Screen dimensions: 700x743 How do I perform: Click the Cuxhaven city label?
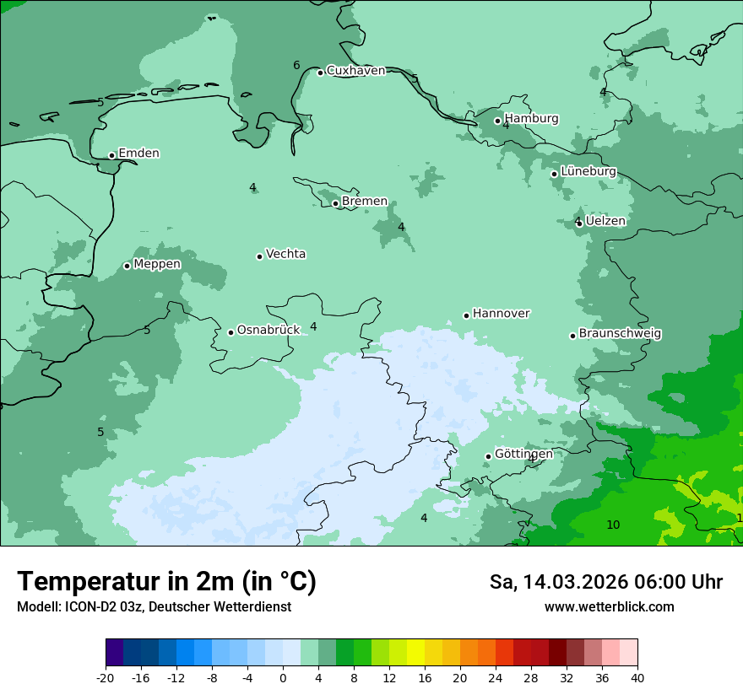point(355,71)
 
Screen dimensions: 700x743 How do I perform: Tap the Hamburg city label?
point(531,119)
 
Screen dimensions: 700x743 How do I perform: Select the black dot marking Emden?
point(111,155)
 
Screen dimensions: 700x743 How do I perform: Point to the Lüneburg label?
point(588,171)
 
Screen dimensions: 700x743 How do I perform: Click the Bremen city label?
point(365,202)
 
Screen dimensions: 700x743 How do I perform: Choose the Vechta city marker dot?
point(259,256)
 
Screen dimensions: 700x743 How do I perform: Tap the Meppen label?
point(157,264)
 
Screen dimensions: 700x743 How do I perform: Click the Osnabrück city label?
point(268,330)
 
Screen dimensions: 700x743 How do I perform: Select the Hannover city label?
point(501,314)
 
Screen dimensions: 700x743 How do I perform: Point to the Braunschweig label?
point(620,333)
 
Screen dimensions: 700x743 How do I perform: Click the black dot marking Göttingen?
point(488,456)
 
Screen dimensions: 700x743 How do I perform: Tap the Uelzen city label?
point(605,221)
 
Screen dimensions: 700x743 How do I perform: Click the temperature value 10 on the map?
point(613,525)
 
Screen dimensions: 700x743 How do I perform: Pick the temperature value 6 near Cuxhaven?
point(296,66)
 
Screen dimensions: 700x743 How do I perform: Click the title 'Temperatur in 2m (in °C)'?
point(166,582)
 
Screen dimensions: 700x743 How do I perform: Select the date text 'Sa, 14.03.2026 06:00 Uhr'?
point(605,583)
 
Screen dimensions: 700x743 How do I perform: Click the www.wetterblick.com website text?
point(609,607)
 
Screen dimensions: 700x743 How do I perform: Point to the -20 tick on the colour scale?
point(106,677)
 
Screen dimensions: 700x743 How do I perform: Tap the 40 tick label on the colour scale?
point(637,677)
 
